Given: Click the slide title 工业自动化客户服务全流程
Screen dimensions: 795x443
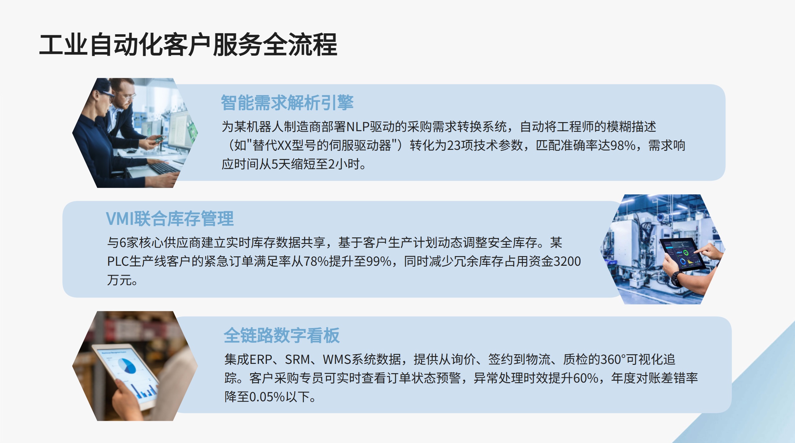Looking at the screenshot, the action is tap(188, 45).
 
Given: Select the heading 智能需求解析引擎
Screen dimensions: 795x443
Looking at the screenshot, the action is tap(287, 102).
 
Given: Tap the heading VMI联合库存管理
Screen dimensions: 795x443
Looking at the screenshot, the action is tap(170, 218).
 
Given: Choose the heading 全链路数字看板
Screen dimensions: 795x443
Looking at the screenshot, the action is tap(282, 335).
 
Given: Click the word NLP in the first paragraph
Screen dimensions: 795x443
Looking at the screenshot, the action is tap(358, 127).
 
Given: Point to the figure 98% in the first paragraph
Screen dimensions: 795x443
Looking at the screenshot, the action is tap(623, 145).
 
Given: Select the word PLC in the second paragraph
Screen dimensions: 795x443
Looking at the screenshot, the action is tap(118, 261).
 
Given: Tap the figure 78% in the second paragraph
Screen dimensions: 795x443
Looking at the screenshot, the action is tap(316, 261).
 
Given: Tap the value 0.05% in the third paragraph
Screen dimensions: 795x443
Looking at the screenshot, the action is tap(267, 397).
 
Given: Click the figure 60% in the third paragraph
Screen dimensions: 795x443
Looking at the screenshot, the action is tap(586, 378).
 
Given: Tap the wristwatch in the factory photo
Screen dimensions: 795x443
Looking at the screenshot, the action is tap(676, 279).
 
